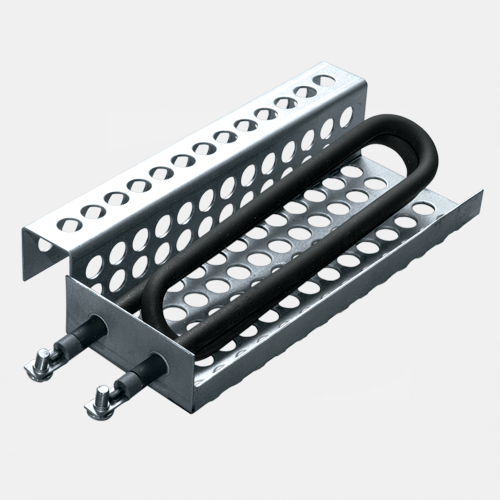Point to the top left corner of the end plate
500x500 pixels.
68,279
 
